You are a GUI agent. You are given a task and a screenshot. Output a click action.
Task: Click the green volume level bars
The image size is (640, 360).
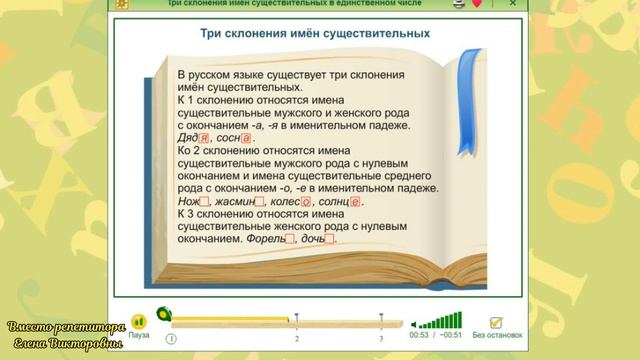coord(440,321)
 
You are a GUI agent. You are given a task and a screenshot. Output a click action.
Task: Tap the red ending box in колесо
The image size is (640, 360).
coord(305,201)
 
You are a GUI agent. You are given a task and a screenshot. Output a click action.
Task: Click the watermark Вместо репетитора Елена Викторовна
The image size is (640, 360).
coord(65,335)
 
